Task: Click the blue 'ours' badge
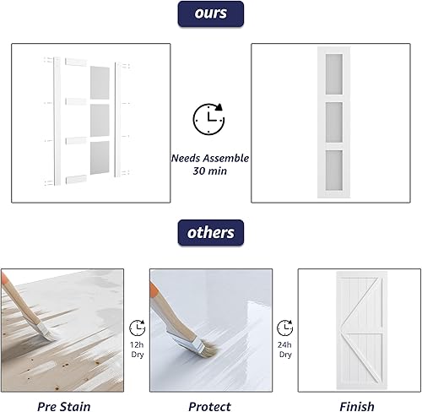coord(210,14)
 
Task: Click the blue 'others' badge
coord(210,232)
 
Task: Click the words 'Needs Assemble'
coord(209,156)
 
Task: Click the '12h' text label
coord(136,344)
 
